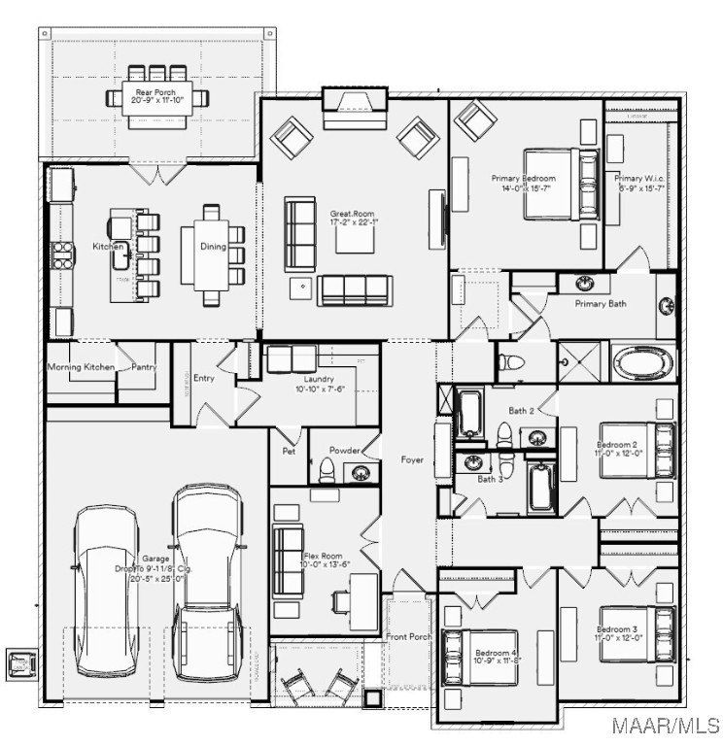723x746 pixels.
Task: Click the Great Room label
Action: [x=346, y=216]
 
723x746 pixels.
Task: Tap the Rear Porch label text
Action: [x=155, y=92]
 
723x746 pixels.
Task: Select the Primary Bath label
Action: [x=600, y=303]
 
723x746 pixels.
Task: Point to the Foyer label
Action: [x=412, y=459]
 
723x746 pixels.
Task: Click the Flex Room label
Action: [x=320, y=557]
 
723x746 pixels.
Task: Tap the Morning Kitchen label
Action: [x=82, y=367]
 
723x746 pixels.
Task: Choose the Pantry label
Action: [x=144, y=367]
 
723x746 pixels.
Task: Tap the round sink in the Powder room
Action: [x=361, y=474]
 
